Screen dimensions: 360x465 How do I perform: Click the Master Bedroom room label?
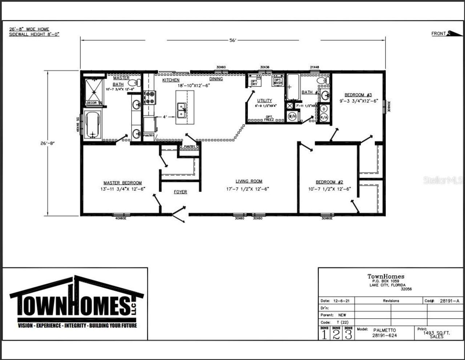[122, 183]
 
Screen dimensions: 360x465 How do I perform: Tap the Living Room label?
[248, 181]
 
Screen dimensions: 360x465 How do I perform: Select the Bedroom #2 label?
[329, 182]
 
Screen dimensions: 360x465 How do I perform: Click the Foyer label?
[180, 192]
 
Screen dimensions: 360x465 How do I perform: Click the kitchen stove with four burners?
[150, 97]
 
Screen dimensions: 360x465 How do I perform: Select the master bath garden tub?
[93, 125]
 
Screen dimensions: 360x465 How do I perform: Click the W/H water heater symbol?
[292, 116]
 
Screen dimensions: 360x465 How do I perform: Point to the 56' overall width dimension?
[233, 40]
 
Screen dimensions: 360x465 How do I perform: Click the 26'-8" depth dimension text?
[47, 143]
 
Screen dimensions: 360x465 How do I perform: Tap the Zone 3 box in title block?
[348, 333]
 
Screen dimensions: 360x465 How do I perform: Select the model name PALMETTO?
[384, 330]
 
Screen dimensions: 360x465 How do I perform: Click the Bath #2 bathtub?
[293, 87]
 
